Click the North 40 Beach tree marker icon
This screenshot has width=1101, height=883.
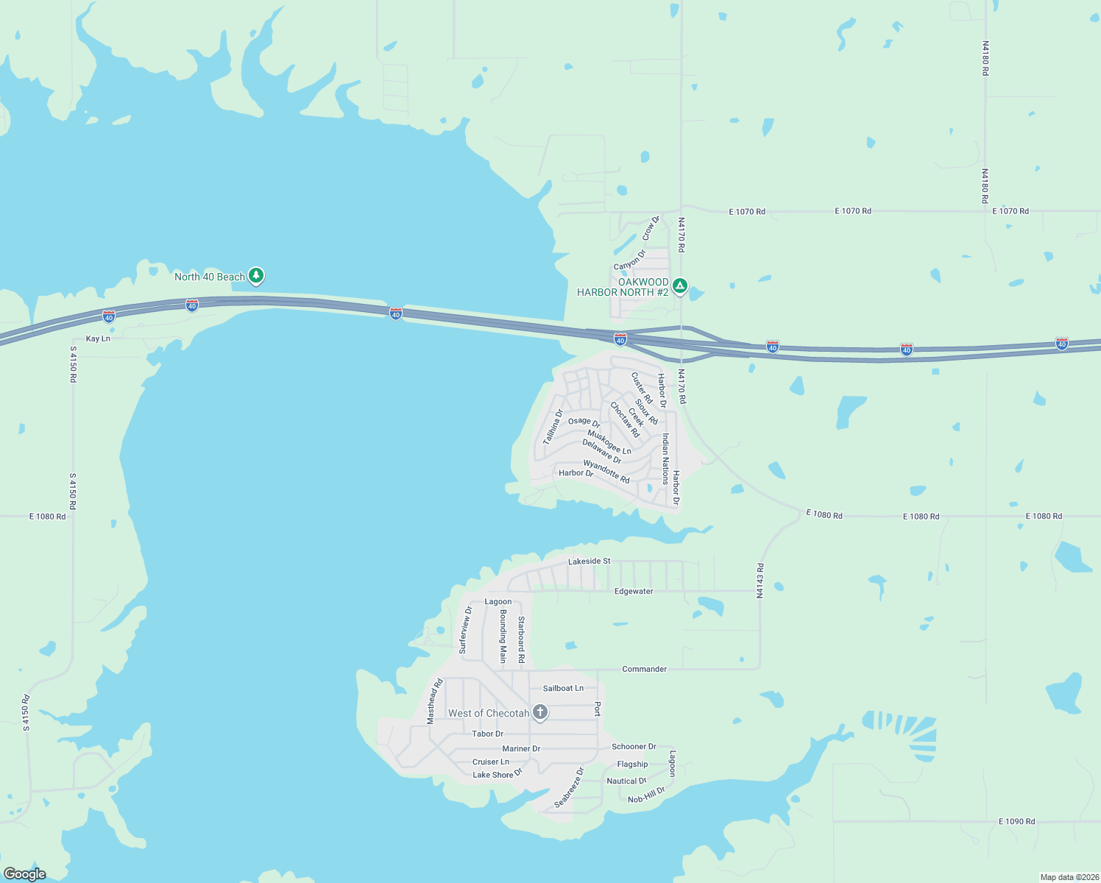pyautogui.click(x=255, y=276)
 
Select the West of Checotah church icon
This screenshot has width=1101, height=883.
pyautogui.click(x=540, y=712)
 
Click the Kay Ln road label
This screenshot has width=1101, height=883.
pyautogui.click(x=98, y=338)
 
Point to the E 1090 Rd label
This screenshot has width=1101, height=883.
pyautogui.click(x=1016, y=821)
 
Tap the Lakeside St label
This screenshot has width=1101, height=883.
pyautogui.click(x=589, y=561)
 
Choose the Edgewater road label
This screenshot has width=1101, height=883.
pyautogui.click(x=634, y=591)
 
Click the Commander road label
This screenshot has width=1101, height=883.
pyautogui.click(x=644, y=669)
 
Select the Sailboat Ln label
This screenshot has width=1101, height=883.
pyautogui.click(x=563, y=688)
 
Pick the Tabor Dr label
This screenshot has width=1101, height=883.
pyautogui.click(x=487, y=734)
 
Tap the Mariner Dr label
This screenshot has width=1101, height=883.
pyautogui.click(x=521, y=748)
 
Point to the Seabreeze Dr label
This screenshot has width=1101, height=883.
pyautogui.click(x=569, y=787)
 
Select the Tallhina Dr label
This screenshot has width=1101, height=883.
pyautogui.click(x=553, y=427)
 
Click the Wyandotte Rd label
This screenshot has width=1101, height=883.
pyautogui.click(x=606, y=472)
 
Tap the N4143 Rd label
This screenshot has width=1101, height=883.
pyautogui.click(x=760, y=581)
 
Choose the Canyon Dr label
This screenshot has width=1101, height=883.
pyautogui.click(x=629, y=260)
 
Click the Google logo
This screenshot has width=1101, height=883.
pyautogui.click(x=25, y=874)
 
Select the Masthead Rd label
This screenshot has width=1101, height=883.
pyautogui.click(x=436, y=701)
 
